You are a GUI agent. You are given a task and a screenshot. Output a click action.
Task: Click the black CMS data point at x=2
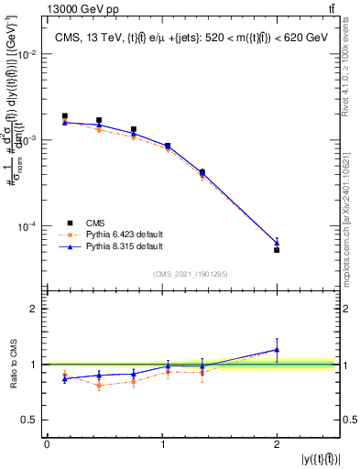277,249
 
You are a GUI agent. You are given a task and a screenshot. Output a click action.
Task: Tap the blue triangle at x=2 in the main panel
277,243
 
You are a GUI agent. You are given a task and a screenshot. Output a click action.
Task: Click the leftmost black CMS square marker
64,116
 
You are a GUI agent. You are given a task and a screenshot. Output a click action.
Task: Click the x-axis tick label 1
162,444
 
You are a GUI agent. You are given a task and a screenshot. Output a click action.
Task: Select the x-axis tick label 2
277,444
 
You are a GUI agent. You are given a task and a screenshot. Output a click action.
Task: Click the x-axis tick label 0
47,444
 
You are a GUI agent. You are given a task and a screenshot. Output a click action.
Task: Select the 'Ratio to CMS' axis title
12,364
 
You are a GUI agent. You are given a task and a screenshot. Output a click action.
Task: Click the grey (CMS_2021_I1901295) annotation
190,274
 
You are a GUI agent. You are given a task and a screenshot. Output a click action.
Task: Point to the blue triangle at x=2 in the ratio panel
277,349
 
